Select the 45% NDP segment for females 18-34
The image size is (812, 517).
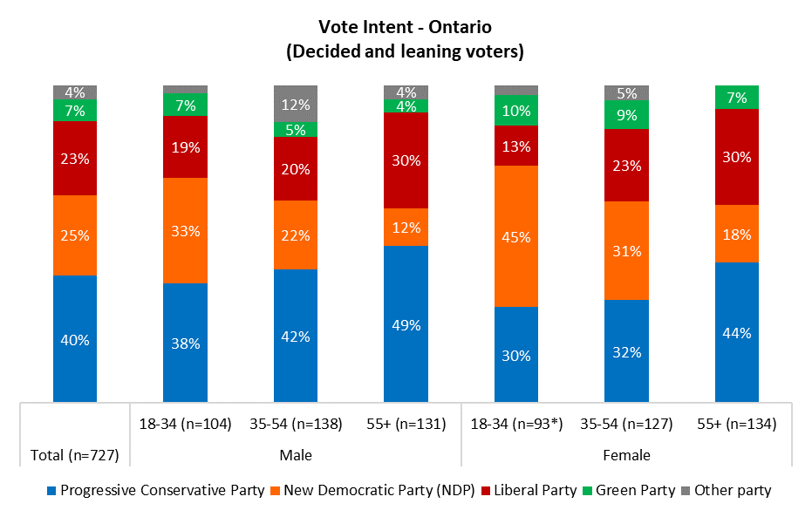516,235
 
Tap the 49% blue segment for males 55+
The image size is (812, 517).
406,324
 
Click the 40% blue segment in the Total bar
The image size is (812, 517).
75,339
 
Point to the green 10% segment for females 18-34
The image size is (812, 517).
516,110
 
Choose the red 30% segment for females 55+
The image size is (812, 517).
737,157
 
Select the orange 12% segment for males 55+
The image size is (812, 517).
406,227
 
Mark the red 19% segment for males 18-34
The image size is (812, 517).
185,146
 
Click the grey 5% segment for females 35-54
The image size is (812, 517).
626,92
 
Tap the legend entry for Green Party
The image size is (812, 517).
634,490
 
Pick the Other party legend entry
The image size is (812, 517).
730,490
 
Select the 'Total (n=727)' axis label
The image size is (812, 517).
75,454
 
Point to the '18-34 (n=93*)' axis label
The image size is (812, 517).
515,425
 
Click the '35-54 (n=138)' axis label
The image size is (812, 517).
296,425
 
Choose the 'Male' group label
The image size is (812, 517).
296,455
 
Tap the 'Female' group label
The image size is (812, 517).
626,455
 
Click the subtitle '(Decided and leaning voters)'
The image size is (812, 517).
406,51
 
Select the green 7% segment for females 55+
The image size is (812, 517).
737,97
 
